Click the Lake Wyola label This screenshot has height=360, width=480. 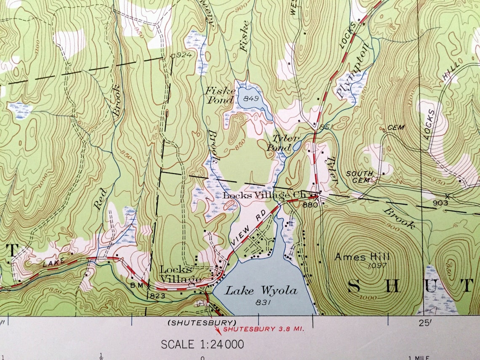coord(261,291)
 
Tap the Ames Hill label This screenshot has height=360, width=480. coord(362,256)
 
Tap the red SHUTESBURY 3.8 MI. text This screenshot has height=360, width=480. coord(264,329)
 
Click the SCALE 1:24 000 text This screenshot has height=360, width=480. coord(203,344)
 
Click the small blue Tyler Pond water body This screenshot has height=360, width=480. coord(297,146)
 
